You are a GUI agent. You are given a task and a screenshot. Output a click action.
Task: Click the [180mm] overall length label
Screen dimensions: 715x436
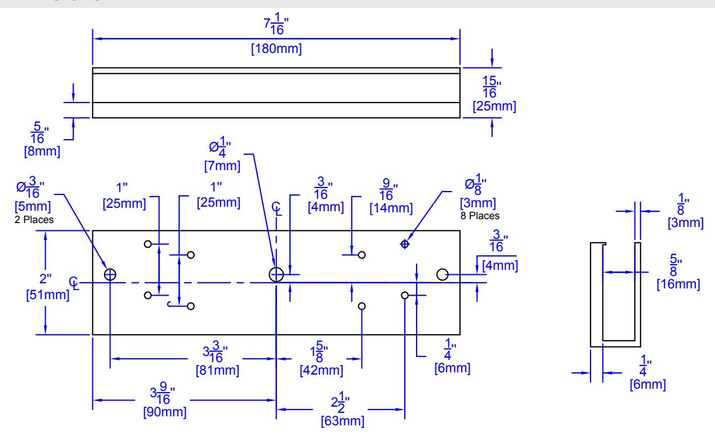tap(276, 49)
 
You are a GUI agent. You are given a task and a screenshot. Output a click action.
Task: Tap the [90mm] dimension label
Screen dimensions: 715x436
tap(165, 412)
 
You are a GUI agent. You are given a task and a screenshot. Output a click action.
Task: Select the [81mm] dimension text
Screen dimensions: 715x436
tap(217, 371)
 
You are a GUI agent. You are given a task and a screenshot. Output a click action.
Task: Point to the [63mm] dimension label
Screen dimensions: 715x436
tap(342, 421)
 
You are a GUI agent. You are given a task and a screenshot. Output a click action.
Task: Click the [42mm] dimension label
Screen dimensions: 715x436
tap(321, 371)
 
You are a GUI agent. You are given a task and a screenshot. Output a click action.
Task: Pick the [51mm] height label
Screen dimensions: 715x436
tap(47, 295)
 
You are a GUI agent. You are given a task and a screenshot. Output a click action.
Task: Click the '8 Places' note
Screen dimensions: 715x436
tap(480, 216)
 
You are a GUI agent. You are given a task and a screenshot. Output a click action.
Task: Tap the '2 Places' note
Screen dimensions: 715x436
tap(34, 220)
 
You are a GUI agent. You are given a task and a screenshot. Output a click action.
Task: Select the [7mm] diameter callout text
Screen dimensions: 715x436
tap(222, 166)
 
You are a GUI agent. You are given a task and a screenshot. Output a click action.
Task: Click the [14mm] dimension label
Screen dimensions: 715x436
tap(391, 208)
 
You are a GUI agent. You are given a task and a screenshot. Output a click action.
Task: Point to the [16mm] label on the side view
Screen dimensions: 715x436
tap(678, 284)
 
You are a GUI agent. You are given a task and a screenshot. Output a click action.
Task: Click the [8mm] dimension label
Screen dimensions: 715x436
tap(42, 151)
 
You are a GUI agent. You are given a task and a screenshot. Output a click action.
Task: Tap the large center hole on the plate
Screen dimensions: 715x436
tap(276, 275)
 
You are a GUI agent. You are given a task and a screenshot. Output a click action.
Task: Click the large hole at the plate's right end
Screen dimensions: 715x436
tap(442, 275)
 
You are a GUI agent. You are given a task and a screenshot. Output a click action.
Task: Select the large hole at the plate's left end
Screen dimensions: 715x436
tap(110, 275)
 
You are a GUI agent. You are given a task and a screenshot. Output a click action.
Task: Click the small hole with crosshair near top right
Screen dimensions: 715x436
tap(405, 244)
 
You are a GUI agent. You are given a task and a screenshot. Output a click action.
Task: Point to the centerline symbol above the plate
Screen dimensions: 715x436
tap(276, 208)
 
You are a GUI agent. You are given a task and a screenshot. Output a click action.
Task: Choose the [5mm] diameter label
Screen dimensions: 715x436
tap(33, 207)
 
